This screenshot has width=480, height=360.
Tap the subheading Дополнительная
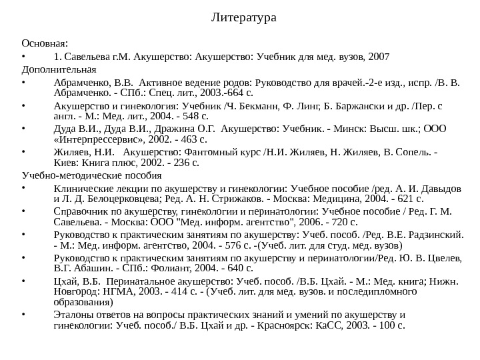pos(59,69)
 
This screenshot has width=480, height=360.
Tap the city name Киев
pos(65,163)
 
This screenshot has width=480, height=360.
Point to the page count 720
pos(339,222)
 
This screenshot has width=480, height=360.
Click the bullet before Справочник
pos(23,211)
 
